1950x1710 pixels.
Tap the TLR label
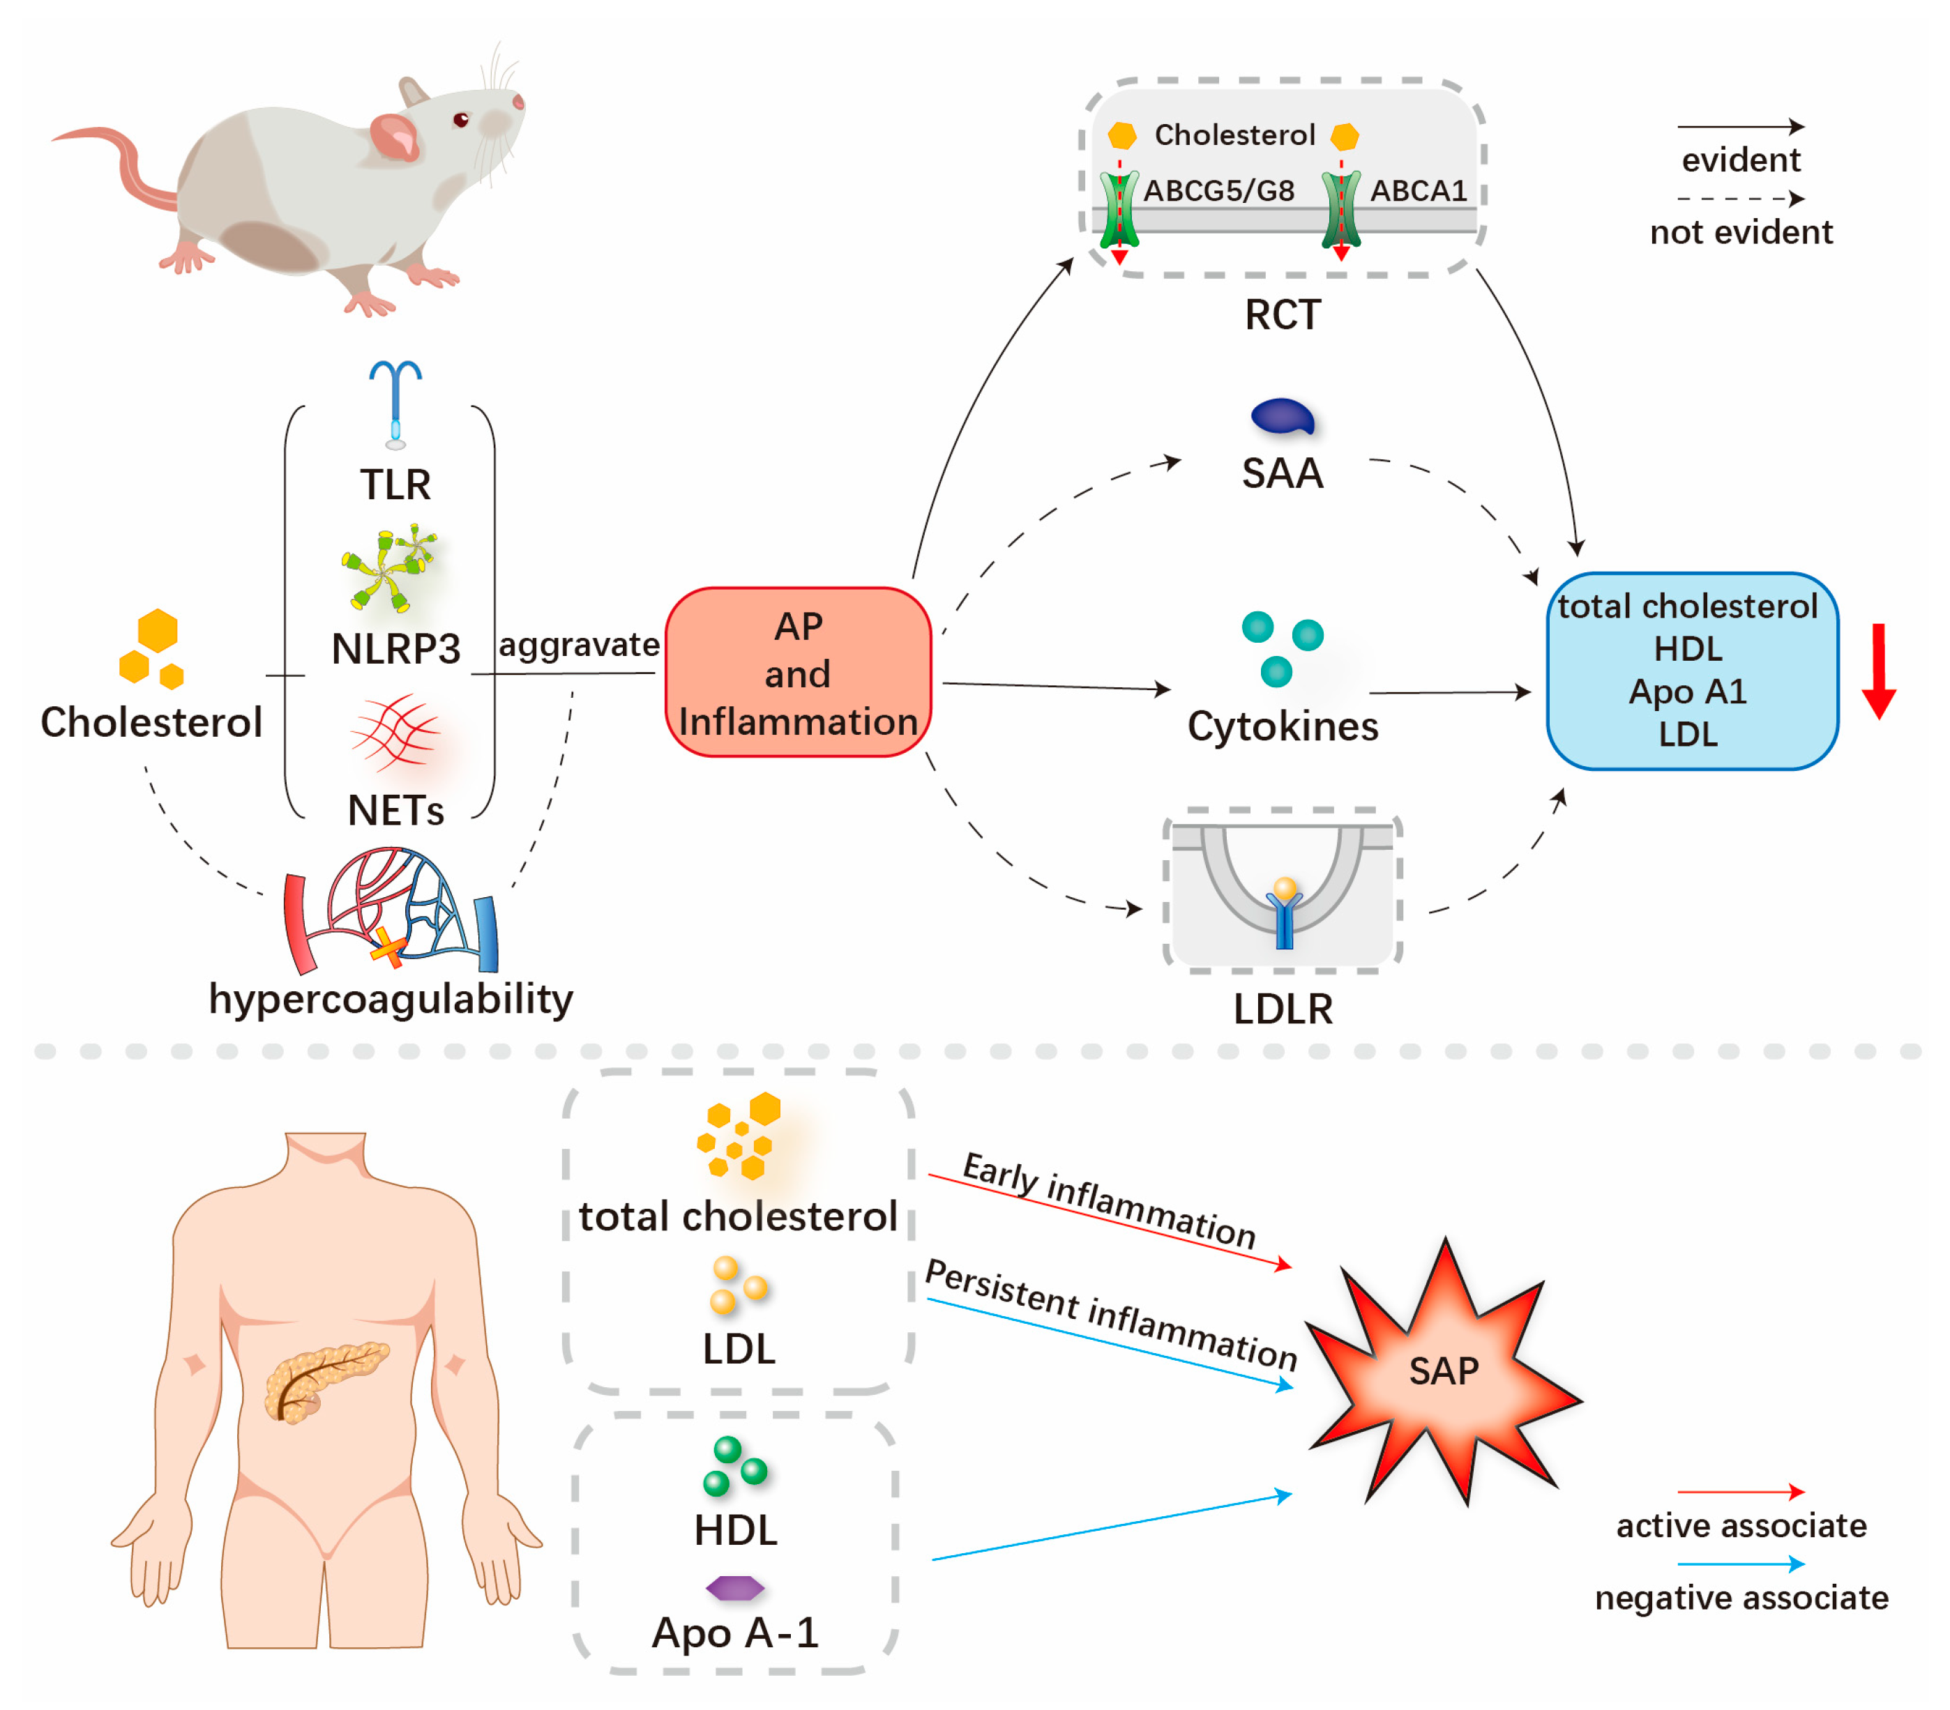(395, 484)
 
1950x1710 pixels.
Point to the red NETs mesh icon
(394, 733)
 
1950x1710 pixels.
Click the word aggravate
(578, 645)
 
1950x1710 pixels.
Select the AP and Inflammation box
(798, 673)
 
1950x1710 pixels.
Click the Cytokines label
(1282, 726)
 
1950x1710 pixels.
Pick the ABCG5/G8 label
(1218, 191)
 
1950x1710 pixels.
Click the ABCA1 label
(1418, 191)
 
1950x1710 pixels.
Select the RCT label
(1282, 314)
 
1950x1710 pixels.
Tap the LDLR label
(1282, 1009)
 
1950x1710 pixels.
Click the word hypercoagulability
(391, 998)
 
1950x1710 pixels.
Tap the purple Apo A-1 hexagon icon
(734, 1587)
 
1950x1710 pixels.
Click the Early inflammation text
(1109, 1200)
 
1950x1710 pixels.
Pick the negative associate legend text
(1741, 1598)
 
